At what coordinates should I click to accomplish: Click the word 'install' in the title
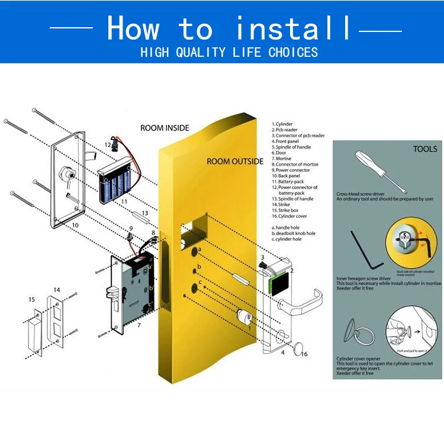pyautogui.click(x=293, y=28)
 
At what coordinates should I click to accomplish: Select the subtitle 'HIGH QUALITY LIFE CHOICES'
pyautogui.click(x=229, y=53)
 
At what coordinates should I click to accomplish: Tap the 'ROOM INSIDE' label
pyautogui.click(x=165, y=128)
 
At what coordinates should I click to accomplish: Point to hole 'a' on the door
pyautogui.click(x=194, y=251)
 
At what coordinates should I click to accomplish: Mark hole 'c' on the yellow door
pyautogui.click(x=194, y=289)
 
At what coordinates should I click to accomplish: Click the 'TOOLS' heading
pyautogui.click(x=425, y=149)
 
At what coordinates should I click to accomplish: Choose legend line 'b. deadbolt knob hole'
pyautogui.click(x=294, y=233)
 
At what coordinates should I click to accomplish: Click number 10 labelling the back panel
pyautogui.click(x=75, y=225)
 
